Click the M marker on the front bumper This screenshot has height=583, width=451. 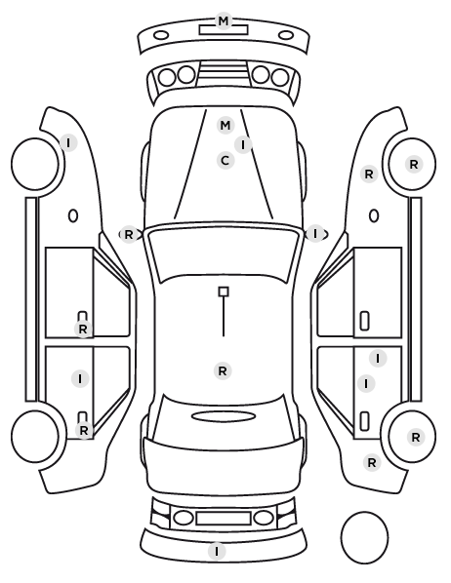tap(224, 20)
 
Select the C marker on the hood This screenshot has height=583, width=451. tap(225, 161)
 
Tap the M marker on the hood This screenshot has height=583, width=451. tap(225, 126)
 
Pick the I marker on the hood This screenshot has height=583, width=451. tap(243, 144)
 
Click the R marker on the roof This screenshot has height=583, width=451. tap(223, 370)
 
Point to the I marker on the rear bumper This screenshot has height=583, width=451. tap(217, 551)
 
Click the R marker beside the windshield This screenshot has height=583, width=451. tap(129, 235)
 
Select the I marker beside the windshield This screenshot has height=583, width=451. tap(315, 234)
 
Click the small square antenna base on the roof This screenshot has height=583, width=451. tap(224, 291)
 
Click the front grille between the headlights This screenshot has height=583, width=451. tap(224, 73)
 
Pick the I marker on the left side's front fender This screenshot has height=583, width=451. tap(68, 142)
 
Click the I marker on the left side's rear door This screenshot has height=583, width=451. tap(80, 379)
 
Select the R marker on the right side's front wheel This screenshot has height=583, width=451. tap(414, 165)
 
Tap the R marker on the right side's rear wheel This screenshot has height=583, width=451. tap(416, 437)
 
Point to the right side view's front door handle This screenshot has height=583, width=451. tap(365, 321)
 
